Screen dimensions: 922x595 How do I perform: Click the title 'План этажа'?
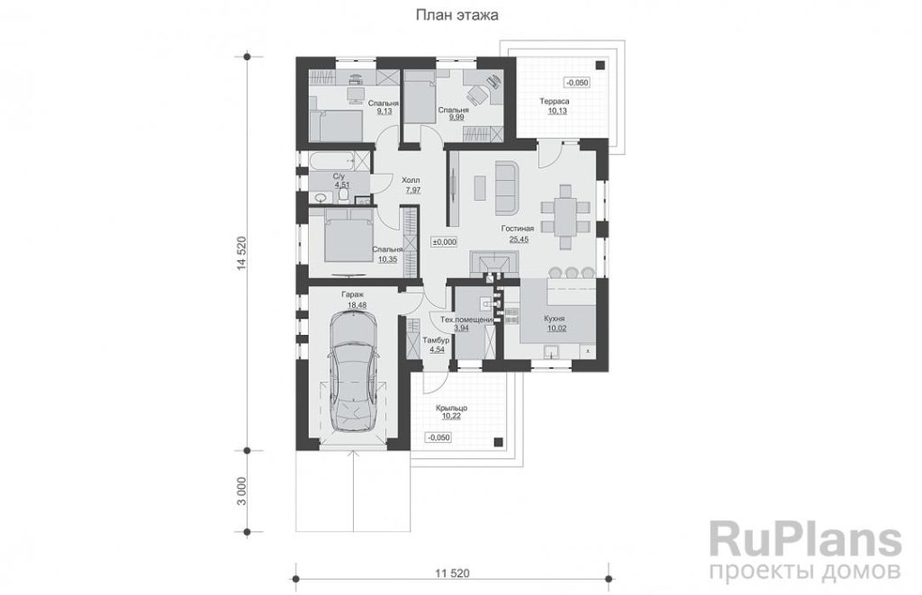[x=456, y=15]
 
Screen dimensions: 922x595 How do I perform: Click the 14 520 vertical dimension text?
[x=240, y=254]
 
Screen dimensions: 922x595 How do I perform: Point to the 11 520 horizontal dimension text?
[x=452, y=572]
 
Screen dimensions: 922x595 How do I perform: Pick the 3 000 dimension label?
[x=240, y=491]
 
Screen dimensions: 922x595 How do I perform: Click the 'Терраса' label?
[x=555, y=101]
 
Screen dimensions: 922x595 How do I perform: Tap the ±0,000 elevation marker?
[x=445, y=241]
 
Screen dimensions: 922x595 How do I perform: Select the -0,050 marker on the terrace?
[x=577, y=83]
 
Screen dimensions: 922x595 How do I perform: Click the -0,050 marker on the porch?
[x=438, y=437]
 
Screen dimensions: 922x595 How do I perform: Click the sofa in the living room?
[x=506, y=187]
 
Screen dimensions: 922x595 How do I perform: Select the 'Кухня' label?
[x=555, y=319]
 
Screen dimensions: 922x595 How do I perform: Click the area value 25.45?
[x=519, y=239]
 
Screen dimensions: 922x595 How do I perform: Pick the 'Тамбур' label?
[x=437, y=340]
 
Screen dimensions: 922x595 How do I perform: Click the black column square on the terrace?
[x=599, y=66]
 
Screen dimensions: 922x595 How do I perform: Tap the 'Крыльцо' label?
[x=452, y=408]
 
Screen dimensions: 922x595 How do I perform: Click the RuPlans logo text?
[x=805, y=540]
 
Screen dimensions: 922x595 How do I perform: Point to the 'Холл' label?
[x=411, y=181]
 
